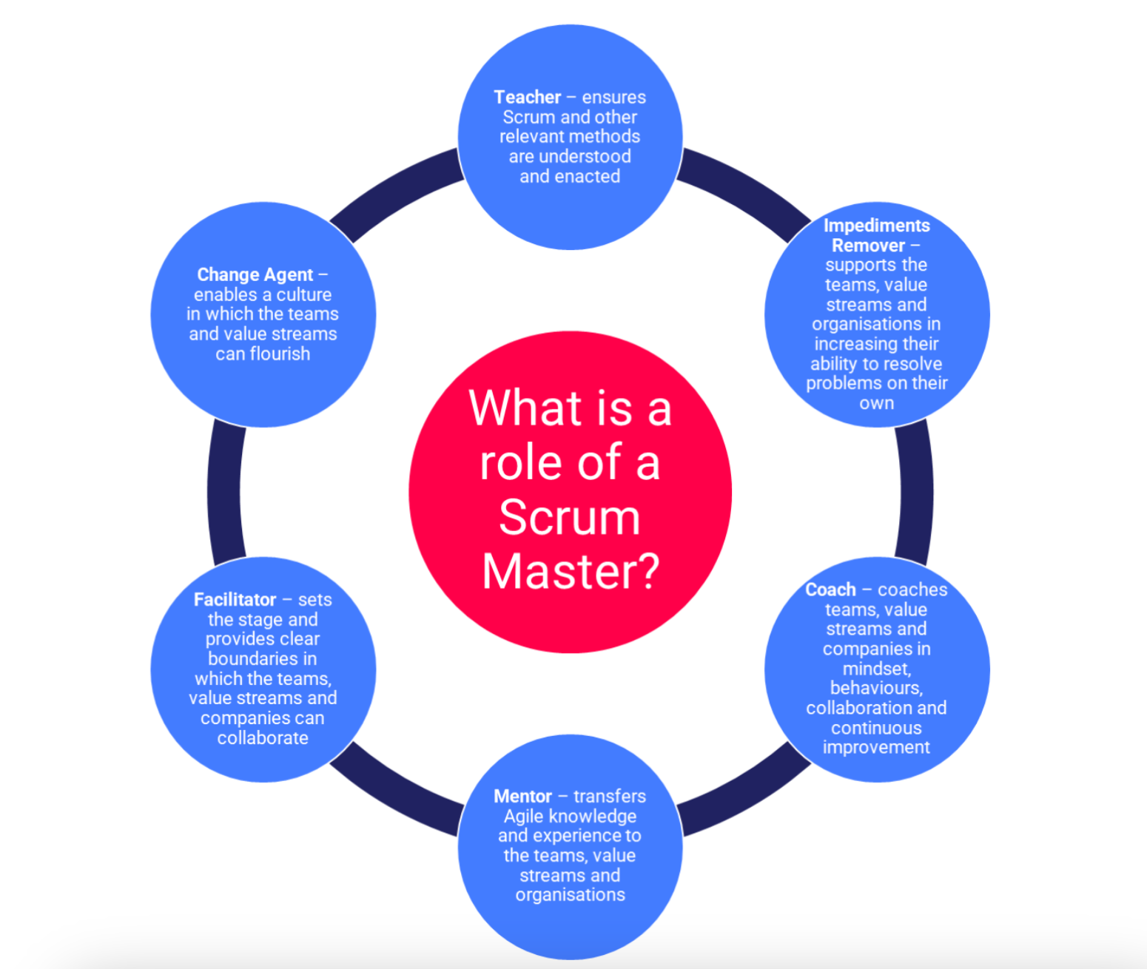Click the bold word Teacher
tap(527, 97)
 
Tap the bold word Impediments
tap(876, 226)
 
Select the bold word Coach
tap(830, 590)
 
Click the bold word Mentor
tap(522, 796)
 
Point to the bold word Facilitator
tap(235, 599)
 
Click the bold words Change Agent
tap(255, 274)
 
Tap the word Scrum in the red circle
tap(569, 517)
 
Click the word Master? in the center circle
tap(570, 572)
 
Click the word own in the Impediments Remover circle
tap(876, 403)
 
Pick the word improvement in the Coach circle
tap(876, 747)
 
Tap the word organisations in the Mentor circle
tap(570, 895)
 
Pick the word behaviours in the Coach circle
tap(876, 688)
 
